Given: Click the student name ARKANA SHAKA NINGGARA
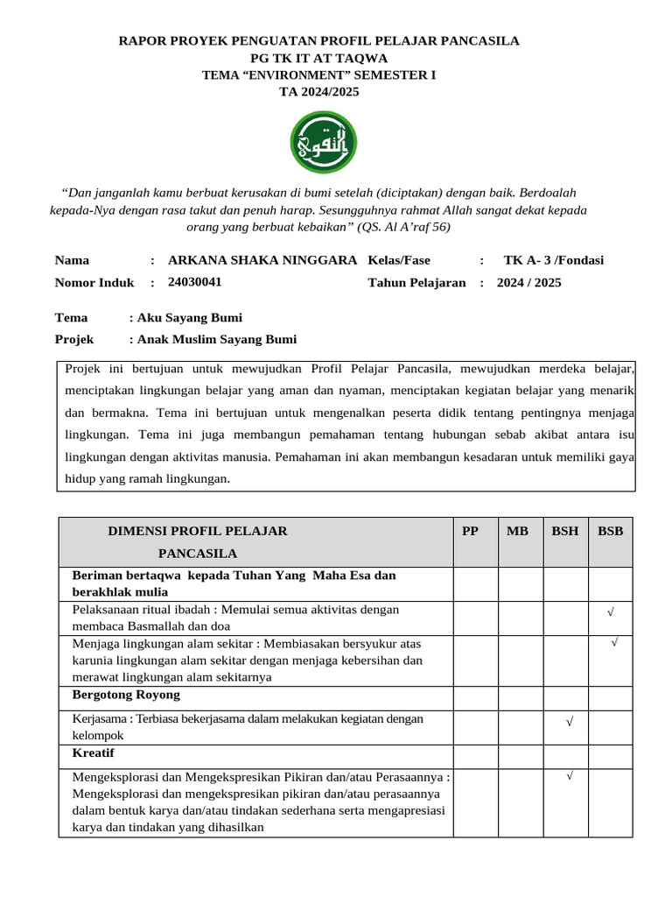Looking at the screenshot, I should coord(262,260).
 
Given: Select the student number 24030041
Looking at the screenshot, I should coord(194,282).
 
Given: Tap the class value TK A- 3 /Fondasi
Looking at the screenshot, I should coord(553,260).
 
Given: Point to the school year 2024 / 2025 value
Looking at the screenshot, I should coord(529,282).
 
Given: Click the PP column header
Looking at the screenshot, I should coord(471,531).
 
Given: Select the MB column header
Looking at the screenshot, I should coord(517,531).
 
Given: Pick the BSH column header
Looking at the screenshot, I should coord(564,531).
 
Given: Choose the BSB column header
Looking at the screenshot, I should coord(610,531).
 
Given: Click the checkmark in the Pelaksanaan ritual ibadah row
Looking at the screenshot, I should coord(610,612).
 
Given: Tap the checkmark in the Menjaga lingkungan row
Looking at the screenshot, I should coord(615,643).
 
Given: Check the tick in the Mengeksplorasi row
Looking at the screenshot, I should coord(569,775).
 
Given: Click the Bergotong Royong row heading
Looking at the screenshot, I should coord(126,695).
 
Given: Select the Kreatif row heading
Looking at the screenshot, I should coord(93,753).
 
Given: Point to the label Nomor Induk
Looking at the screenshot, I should coord(94,282).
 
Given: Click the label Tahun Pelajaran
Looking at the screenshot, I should coord(416,282).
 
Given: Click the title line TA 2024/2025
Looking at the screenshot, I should coord(318,92).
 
